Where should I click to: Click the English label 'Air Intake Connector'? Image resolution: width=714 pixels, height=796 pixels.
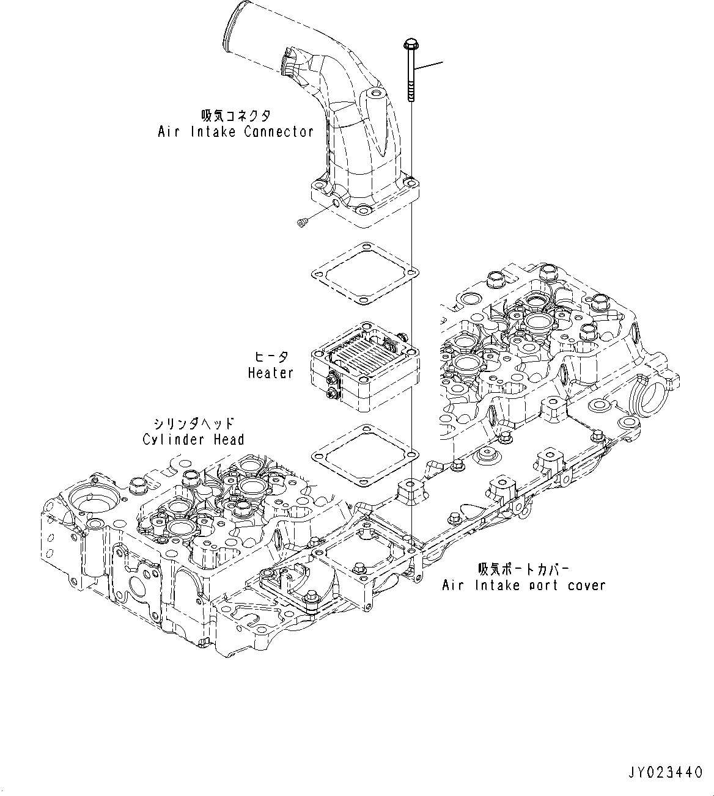[235, 131]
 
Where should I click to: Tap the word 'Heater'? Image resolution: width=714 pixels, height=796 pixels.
[270, 372]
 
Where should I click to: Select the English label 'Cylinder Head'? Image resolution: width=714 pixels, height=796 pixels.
[193, 439]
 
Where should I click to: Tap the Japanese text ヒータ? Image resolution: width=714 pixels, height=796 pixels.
[271, 357]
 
